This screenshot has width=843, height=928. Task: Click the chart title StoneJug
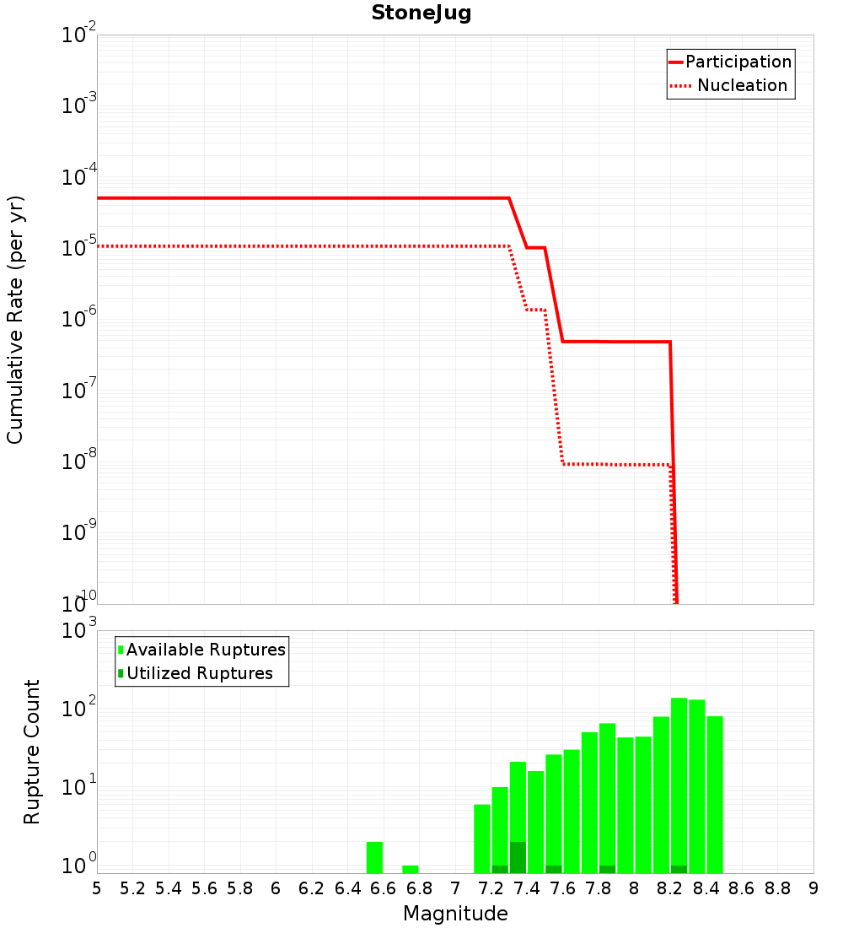click(421, 13)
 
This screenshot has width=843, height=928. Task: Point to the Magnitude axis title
click(455, 914)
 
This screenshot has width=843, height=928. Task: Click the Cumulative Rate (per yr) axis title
click(15, 320)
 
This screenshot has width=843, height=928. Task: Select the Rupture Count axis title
click(32, 752)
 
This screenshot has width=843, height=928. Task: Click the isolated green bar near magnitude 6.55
click(375, 857)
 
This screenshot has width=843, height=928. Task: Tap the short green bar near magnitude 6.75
click(411, 869)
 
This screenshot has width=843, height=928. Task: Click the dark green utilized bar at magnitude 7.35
click(518, 857)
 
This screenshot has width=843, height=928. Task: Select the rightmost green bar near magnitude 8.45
click(715, 793)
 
